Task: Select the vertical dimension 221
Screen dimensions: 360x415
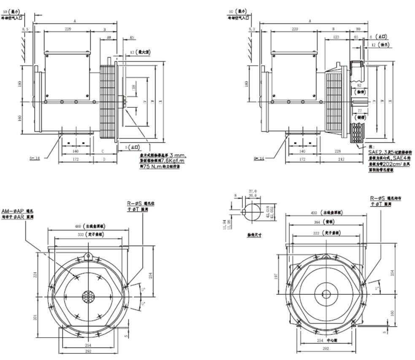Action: pyautogui.click(x=35, y=274)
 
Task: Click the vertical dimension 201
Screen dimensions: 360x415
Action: pyautogui.click(x=35, y=316)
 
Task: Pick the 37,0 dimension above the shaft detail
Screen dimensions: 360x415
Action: pyautogui.click(x=253, y=191)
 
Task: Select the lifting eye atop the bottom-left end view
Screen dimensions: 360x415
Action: pyautogui.click(x=88, y=255)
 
